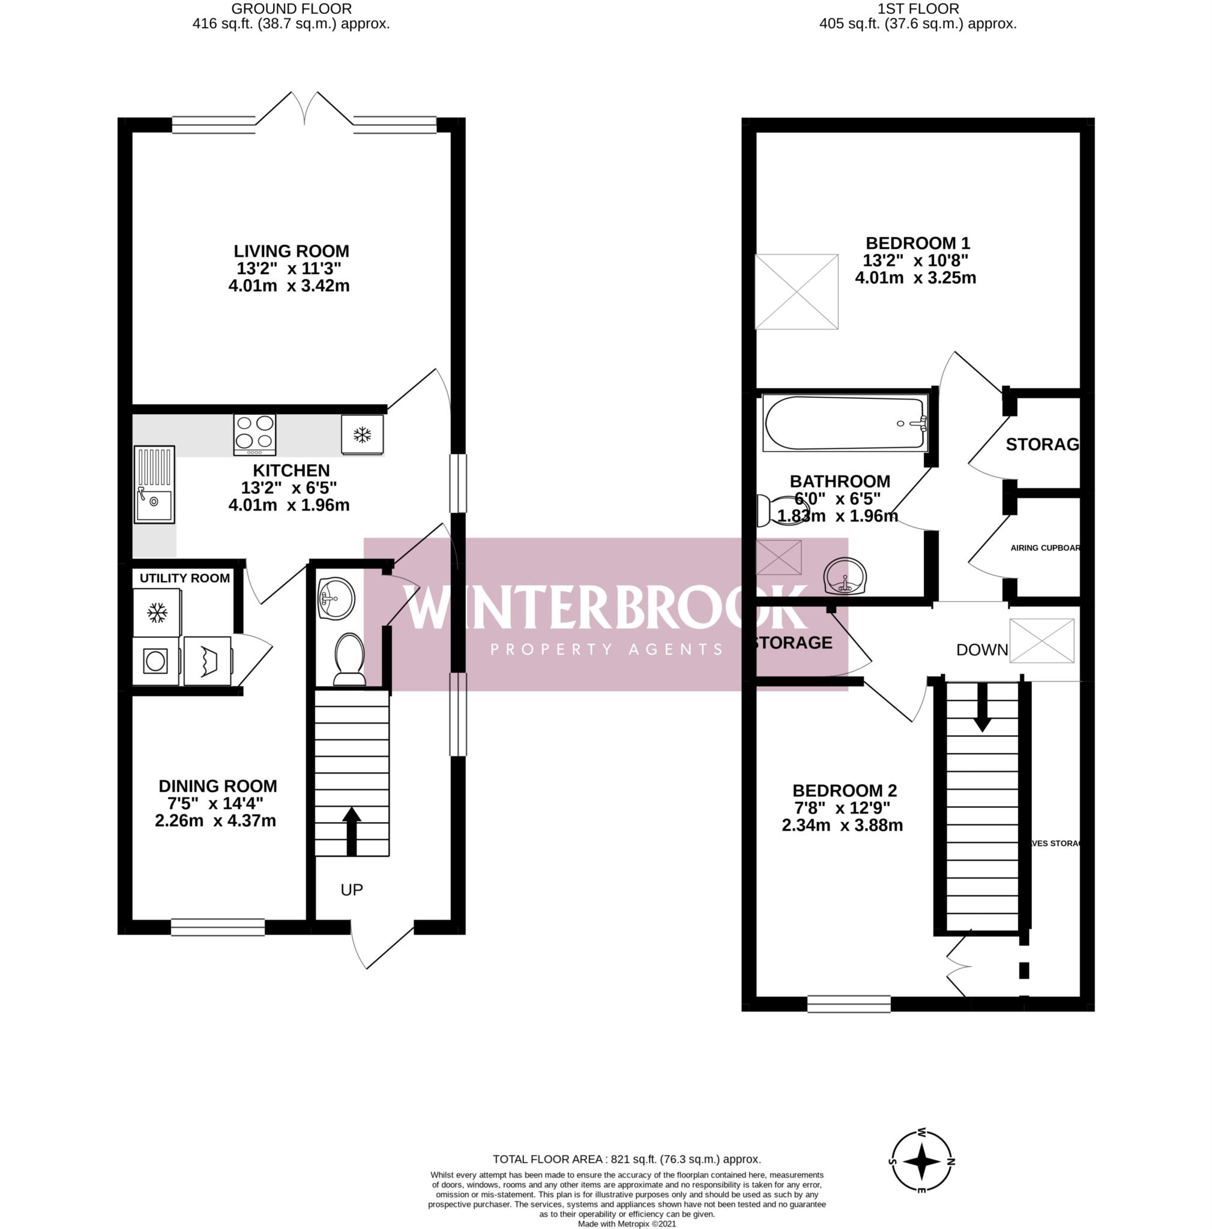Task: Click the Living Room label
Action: [291, 251]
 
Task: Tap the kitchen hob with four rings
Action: [255, 433]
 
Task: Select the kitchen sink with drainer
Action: [154, 484]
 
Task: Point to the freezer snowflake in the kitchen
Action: [362, 435]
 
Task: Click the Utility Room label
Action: [184, 578]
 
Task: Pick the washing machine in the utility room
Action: [156, 661]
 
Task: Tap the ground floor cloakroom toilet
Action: [349, 657]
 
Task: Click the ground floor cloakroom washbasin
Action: [336, 598]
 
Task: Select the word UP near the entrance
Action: [351, 890]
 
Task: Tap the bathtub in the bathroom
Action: [844, 422]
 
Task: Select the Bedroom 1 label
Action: [917, 243]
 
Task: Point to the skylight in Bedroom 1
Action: [796, 291]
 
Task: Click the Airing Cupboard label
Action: [1045, 548]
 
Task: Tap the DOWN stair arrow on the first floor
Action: [981, 708]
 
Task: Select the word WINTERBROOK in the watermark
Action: [604, 607]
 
